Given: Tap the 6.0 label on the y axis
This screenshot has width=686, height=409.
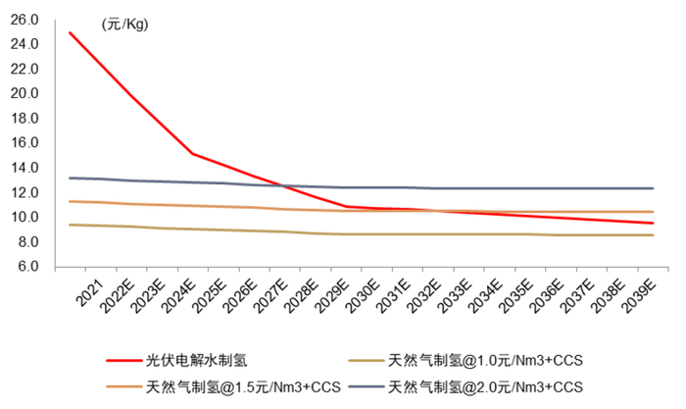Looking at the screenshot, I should pyautogui.click(x=26, y=267).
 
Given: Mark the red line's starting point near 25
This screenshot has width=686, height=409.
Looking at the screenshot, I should pyautogui.click(x=69, y=32).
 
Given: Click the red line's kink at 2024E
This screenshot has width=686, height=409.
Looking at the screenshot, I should pyautogui.click(x=193, y=154).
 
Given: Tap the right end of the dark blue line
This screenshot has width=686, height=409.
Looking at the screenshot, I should pyautogui.click(x=652, y=188).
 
